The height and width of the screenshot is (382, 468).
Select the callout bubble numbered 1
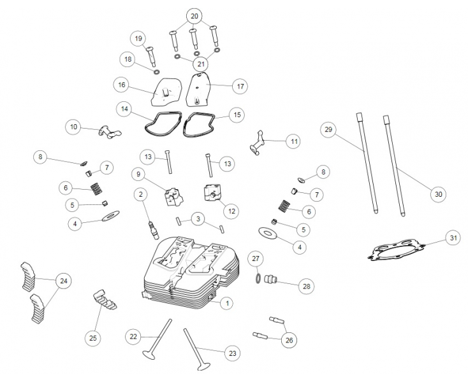226,304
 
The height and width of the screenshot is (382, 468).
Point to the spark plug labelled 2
151,223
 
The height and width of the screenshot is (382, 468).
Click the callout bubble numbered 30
437,195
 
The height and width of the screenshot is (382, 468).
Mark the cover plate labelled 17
201,90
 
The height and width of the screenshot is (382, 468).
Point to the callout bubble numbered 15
237,115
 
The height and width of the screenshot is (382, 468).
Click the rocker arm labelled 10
106,132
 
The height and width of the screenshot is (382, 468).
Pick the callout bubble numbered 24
64,281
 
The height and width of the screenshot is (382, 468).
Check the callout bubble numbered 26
290,340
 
